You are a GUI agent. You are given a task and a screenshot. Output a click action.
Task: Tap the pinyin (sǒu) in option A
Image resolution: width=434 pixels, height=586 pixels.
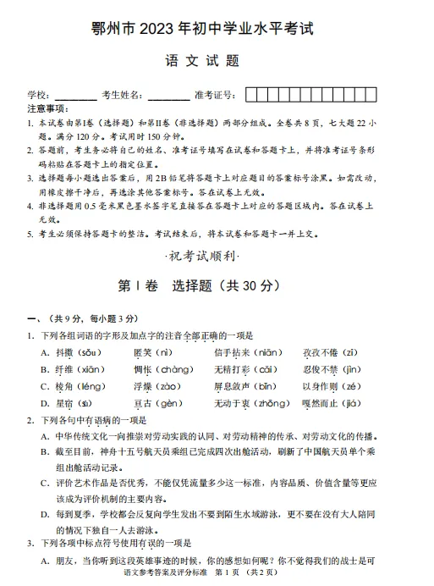coord(89,352)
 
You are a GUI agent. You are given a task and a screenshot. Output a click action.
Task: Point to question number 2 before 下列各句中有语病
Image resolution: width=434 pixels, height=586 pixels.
coord(30,420)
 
